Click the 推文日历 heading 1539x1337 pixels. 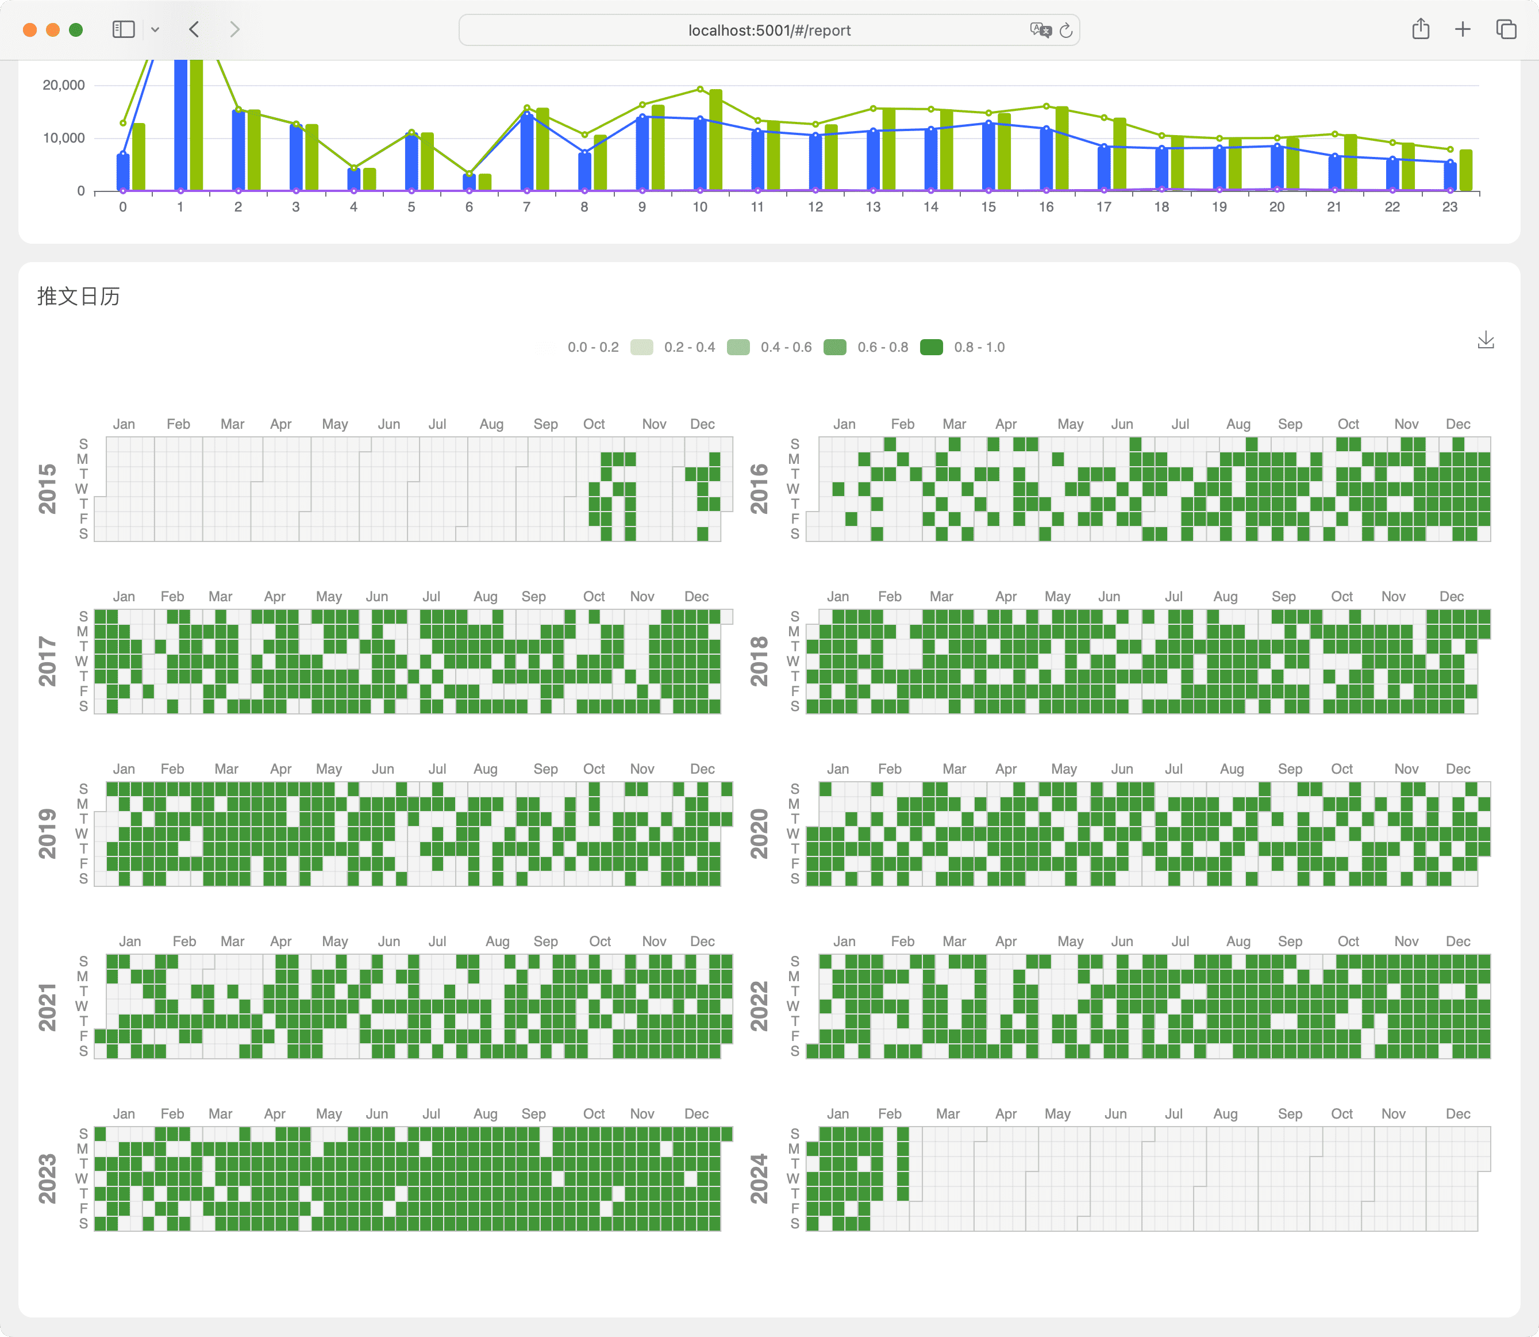click(78, 296)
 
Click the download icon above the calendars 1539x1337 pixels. click(1486, 340)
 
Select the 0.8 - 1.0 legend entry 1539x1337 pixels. click(963, 347)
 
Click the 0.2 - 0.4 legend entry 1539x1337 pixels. click(673, 347)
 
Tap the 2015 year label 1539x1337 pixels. click(47, 489)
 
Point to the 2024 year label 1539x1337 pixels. click(759, 1179)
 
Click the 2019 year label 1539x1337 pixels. click(47, 833)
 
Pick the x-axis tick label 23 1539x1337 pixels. click(1449, 207)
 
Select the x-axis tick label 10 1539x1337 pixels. click(700, 207)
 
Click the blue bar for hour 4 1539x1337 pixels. click(353, 179)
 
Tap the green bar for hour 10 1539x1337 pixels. click(715, 140)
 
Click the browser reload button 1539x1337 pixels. click(1066, 30)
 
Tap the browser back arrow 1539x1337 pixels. click(194, 29)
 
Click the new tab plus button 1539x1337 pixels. click(1462, 29)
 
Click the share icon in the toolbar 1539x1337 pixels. click(1421, 29)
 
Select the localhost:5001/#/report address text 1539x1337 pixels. click(769, 30)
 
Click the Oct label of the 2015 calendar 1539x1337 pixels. click(594, 424)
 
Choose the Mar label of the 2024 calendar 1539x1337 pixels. click(948, 1113)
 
